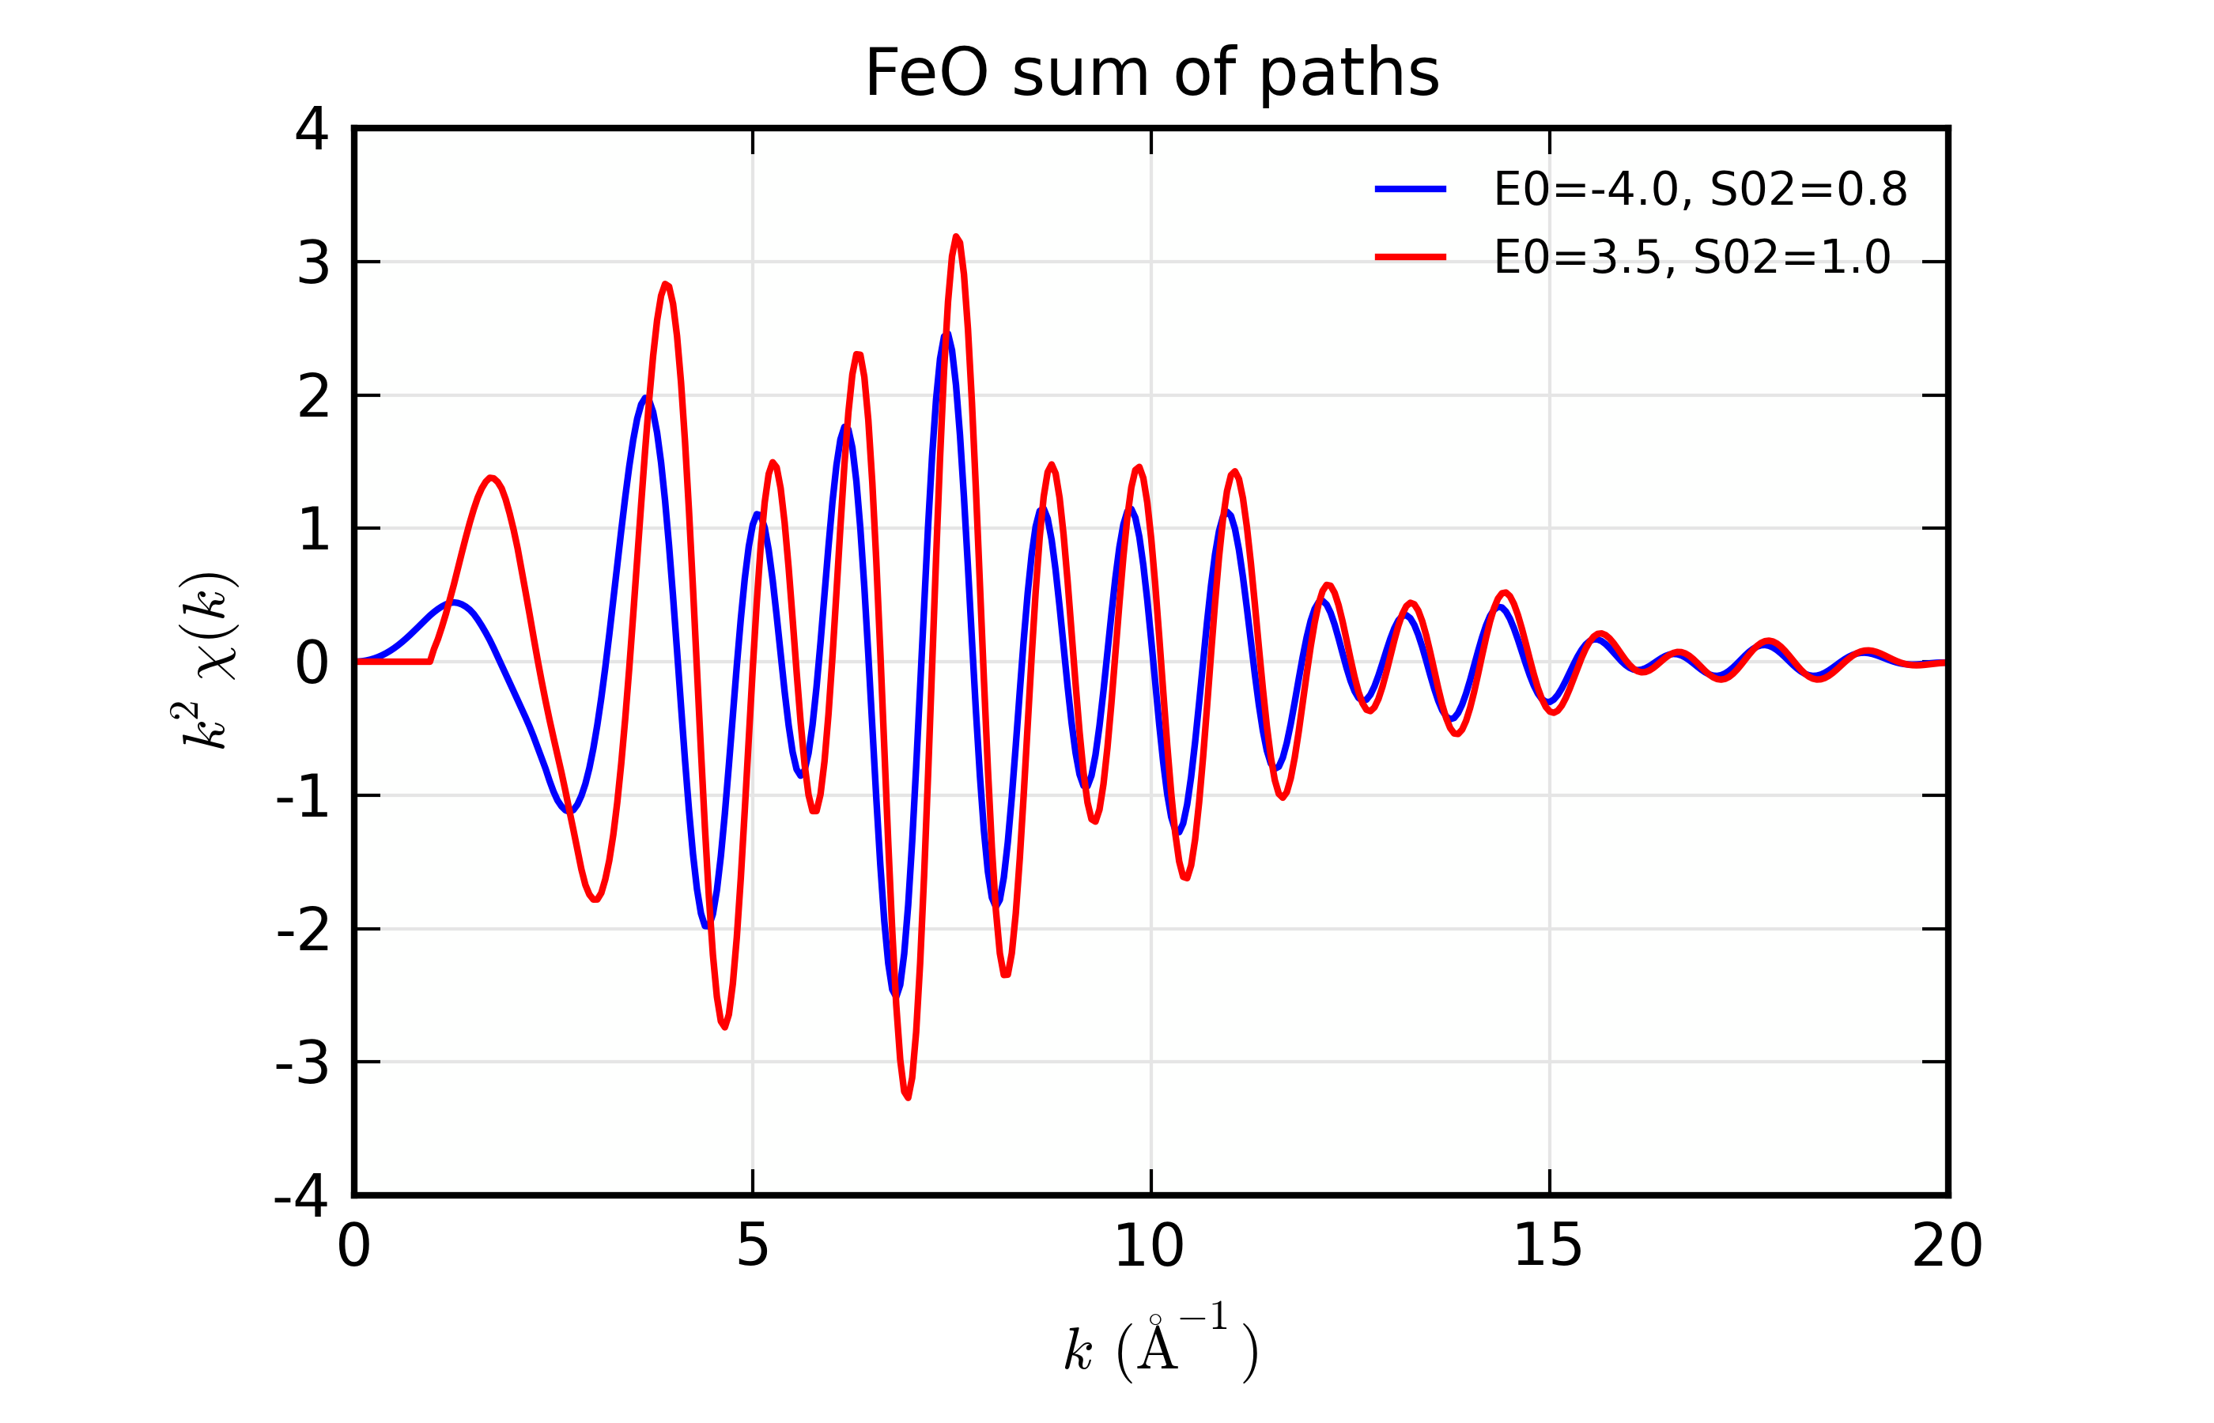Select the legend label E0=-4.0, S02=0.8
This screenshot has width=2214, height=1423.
[1700, 190]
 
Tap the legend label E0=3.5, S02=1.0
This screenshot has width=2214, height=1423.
[1692, 257]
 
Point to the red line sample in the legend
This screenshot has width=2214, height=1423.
[1410, 257]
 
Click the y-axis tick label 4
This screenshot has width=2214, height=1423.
[312, 130]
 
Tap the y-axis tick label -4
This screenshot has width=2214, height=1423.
[301, 1195]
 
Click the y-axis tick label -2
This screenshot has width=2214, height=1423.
[302, 930]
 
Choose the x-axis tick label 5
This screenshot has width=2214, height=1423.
[752, 1247]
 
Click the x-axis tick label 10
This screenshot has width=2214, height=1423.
[1150, 1247]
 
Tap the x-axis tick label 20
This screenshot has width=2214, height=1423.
[1947, 1247]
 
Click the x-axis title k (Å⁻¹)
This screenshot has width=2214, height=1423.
[1161, 1350]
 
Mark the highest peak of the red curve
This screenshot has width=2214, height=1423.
[957, 236]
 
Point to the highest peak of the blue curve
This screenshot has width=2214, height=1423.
[946, 334]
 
